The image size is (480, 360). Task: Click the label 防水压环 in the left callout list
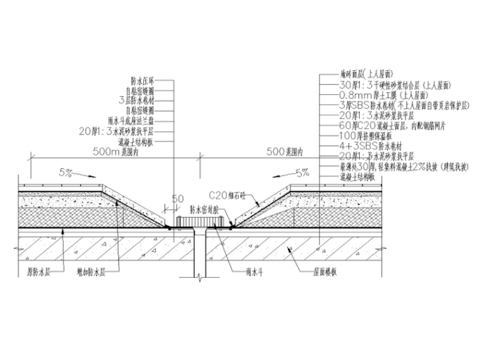click(142, 80)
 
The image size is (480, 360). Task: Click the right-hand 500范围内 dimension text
click(285, 152)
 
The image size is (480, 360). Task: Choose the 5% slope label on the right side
click(302, 171)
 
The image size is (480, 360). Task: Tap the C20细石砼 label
click(226, 195)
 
